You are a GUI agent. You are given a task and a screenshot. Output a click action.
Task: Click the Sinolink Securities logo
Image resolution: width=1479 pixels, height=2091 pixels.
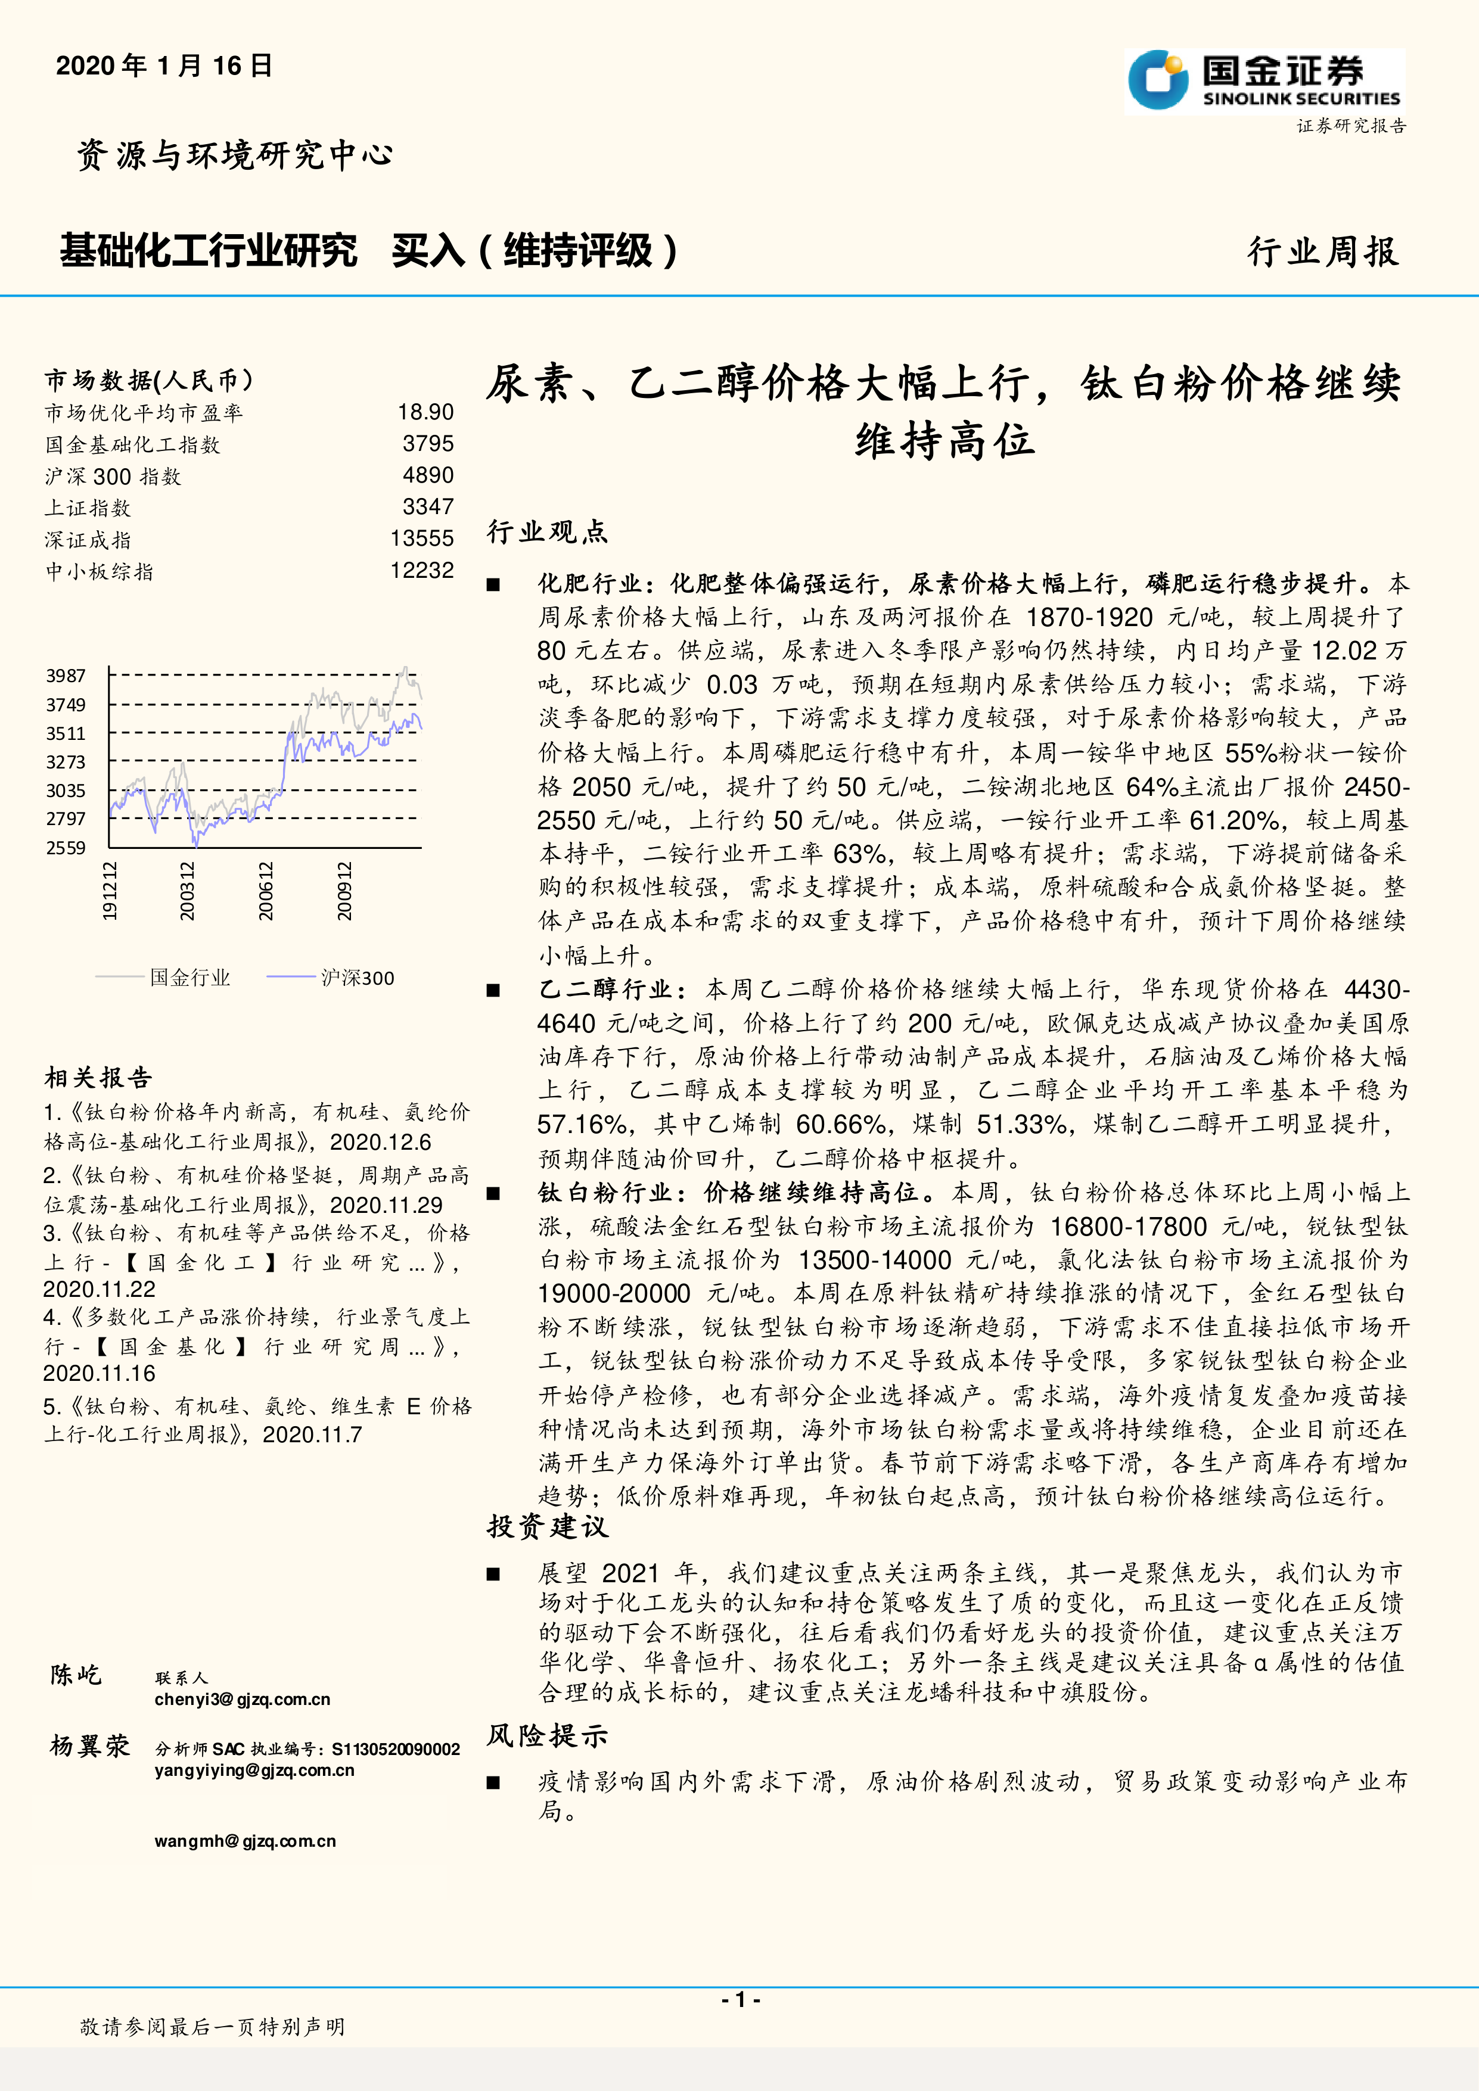[1264, 81]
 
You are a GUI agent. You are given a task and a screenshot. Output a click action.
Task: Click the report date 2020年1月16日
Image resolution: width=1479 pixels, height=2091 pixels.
[164, 66]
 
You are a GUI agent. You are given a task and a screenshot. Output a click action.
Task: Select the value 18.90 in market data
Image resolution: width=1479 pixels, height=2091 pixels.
[425, 413]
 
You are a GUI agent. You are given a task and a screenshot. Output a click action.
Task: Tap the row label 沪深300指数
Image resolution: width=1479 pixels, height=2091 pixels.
[113, 477]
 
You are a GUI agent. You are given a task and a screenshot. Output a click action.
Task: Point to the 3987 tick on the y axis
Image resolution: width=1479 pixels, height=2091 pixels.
[66, 676]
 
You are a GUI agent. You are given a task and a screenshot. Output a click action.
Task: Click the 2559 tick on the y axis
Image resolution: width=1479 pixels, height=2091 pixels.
[66, 848]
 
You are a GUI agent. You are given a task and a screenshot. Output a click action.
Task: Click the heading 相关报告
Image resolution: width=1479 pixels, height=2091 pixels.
[98, 1078]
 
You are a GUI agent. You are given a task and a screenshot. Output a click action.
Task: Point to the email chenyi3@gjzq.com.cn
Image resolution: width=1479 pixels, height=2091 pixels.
[243, 1700]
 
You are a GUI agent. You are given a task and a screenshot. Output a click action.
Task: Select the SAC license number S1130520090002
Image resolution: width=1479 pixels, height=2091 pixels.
[396, 1748]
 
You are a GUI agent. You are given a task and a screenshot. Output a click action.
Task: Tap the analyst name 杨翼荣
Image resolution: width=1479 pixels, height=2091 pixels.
[90, 1746]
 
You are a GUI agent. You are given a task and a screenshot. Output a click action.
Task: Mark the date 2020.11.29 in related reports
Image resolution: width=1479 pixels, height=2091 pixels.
[386, 1205]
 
